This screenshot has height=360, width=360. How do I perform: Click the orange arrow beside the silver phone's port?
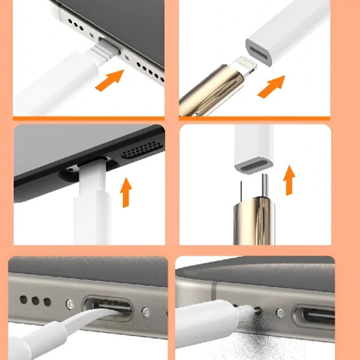pos(109,80)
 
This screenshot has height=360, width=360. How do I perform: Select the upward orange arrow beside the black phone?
pos(126,192)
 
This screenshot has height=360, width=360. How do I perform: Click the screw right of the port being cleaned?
pos(145,312)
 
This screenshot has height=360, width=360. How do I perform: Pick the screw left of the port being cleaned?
pos(70,304)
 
